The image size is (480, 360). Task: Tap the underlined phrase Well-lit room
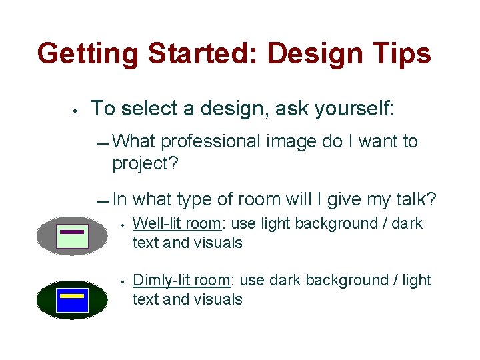click(177, 224)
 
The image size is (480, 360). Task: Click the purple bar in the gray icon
click(72, 231)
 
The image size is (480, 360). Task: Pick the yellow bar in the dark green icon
click(72, 295)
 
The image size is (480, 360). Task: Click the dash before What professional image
click(102, 143)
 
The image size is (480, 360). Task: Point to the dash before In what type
click(102, 201)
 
